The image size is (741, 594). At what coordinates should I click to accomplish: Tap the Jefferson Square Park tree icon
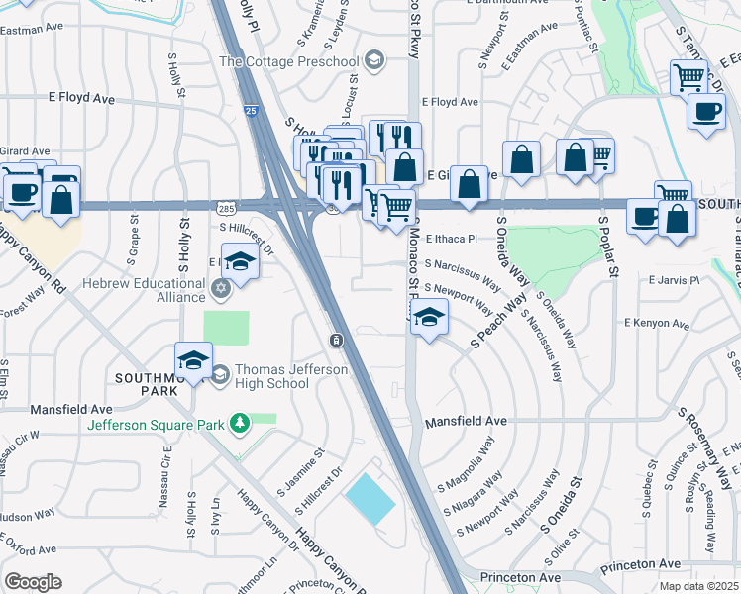pyautogui.click(x=238, y=425)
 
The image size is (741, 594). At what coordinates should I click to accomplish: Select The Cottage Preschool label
pyautogui.click(x=288, y=61)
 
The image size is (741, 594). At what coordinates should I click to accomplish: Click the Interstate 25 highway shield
pyautogui.click(x=252, y=112)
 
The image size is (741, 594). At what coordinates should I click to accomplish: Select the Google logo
pyautogui.click(x=33, y=581)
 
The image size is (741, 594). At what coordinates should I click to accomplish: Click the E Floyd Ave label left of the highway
pyautogui.click(x=82, y=99)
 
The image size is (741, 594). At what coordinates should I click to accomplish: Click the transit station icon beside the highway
pyautogui.click(x=337, y=341)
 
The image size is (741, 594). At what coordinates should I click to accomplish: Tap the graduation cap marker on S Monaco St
pyautogui.click(x=429, y=317)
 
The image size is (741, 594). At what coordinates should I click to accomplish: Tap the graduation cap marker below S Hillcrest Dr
pyautogui.click(x=239, y=261)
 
